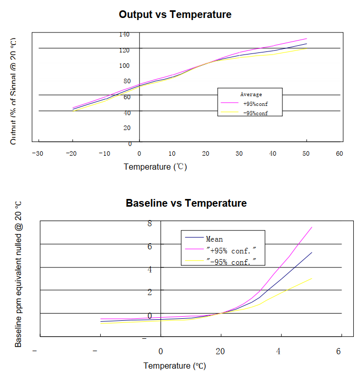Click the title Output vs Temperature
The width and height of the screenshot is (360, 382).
175,14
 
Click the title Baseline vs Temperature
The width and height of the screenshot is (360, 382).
186,203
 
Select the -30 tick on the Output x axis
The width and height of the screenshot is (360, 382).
37,154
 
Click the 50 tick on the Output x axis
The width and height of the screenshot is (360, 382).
306,154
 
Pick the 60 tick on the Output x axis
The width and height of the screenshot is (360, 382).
339,154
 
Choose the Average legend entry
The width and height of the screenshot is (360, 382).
251,95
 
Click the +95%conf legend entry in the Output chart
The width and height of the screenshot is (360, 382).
255,104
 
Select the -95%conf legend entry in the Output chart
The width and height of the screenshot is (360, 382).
255,113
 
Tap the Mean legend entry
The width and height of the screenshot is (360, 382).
214,239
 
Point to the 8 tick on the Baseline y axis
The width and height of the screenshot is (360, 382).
150,223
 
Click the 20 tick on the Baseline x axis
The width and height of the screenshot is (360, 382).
220,352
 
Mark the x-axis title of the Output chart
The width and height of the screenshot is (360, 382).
155,167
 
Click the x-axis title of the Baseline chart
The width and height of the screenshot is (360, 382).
174,366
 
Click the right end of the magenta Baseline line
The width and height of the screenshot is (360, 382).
312,227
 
